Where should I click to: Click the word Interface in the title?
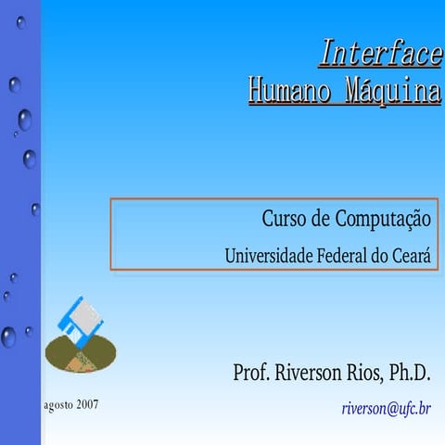380,54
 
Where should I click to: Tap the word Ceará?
415,255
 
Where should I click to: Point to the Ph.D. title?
409,374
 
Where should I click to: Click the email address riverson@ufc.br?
386,408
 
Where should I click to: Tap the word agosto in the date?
59,405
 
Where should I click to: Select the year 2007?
88,405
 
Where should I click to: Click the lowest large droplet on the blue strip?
8,337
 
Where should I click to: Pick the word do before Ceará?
383,255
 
